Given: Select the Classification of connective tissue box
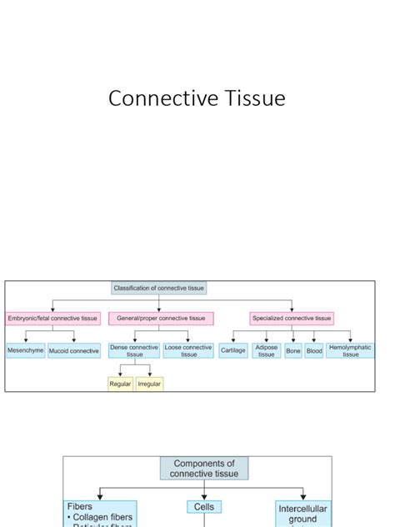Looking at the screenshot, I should tap(158, 289).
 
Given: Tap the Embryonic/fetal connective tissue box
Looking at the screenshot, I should tap(52, 319).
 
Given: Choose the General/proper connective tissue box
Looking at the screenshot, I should tap(161, 319).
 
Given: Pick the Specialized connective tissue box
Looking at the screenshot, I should tap(292, 319).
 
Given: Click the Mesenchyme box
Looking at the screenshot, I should tap(26, 351).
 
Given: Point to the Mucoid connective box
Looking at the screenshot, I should tap(74, 351).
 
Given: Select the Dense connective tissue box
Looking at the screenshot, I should tap(133, 351).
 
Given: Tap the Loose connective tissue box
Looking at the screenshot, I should tap(188, 351).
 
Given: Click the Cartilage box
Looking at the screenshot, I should tap(233, 351).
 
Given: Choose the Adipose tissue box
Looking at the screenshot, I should tap(266, 351).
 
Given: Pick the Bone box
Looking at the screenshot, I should tap(293, 351).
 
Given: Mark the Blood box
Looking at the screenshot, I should tap(314, 351).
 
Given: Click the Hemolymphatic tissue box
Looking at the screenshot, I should tap(350, 351).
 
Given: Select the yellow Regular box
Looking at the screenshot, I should tap(121, 384).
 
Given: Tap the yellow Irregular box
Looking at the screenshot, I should tap(149, 384).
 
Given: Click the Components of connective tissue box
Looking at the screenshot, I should tap(204, 469).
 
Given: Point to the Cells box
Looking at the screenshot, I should tap(204, 507).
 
